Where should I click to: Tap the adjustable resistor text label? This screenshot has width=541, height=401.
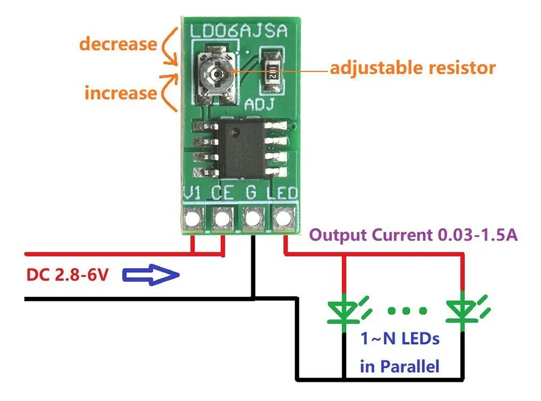tap(413, 68)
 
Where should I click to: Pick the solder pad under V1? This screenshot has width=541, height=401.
tap(193, 217)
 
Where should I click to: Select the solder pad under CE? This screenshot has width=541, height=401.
tap(223, 217)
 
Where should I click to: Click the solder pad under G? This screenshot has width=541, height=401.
tap(253, 217)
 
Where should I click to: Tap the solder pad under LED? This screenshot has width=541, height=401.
tap(283, 217)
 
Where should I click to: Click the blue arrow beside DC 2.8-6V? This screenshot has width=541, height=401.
tap(150, 275)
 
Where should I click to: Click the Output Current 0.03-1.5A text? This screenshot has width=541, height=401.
tap(415, 235)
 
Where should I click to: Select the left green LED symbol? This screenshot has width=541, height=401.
tap(344, 309)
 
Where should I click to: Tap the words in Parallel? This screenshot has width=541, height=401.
tap(400, 367)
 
